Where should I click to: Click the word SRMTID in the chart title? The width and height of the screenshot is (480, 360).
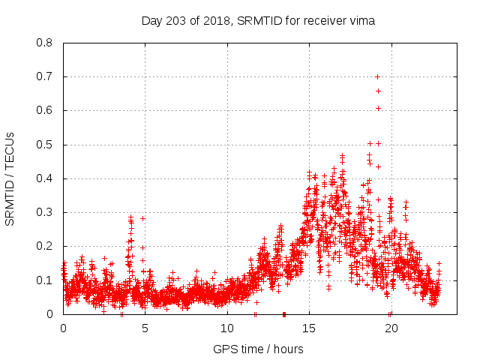[259, 21]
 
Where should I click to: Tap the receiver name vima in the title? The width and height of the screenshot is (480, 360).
[361, 21]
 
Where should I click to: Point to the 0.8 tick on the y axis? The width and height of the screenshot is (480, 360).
[44, 43]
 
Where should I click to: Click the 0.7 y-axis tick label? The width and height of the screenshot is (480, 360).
[44, 76]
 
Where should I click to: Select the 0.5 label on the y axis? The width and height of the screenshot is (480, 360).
[44, 145]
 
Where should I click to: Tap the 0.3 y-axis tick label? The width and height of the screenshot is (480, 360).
[44, 212]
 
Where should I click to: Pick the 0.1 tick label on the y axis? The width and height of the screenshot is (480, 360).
[44, 280]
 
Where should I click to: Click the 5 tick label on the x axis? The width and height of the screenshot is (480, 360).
[145, 328]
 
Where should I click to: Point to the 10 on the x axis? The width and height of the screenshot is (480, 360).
[227, 328]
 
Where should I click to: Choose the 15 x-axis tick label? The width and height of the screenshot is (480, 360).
[309, 328]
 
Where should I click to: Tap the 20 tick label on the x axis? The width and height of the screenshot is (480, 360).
[391, 328]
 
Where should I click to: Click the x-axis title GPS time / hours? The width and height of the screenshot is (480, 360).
[258, 349]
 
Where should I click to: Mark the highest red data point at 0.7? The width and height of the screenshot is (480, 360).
[377, 76]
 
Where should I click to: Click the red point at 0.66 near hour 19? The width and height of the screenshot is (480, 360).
[378, 91]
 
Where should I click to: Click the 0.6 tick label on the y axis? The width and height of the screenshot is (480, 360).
[44, 110]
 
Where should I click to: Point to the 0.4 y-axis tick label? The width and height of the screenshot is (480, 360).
[44, 178]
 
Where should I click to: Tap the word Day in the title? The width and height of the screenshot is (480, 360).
[152, 21]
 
